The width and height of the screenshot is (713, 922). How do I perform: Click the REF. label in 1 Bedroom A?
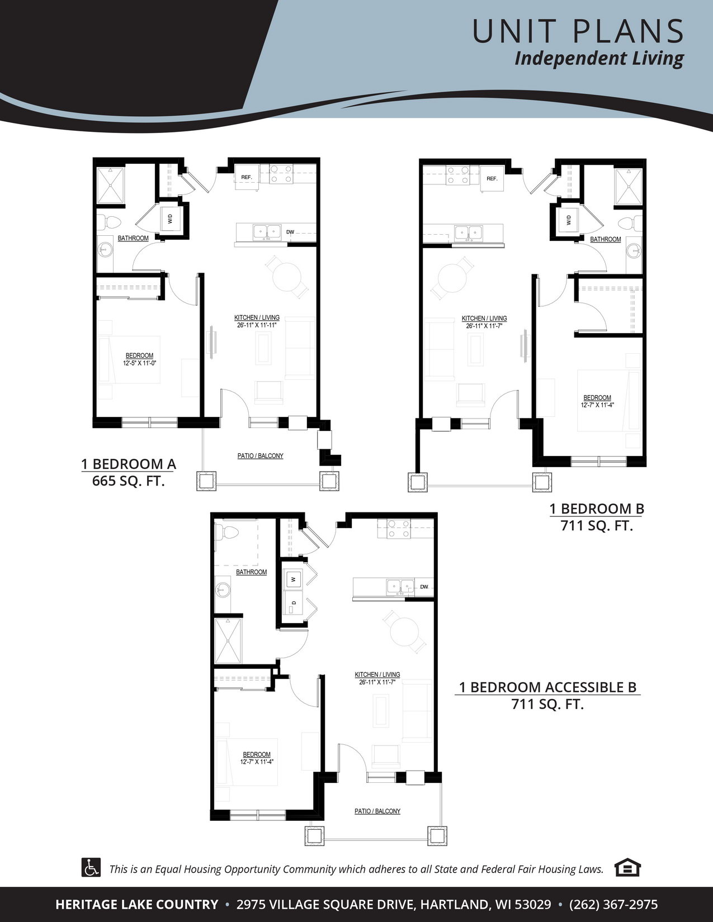tap(246, 177)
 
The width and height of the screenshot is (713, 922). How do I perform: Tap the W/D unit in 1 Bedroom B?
tap(568, 220)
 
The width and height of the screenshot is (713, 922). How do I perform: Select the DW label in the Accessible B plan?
tap(424, 587)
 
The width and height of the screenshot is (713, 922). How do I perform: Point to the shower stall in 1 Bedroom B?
tap(629, 186)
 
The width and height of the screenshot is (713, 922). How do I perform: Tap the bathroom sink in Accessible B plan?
tap(222, 589)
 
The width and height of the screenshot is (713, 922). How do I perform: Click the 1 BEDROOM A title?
tap(129, 464)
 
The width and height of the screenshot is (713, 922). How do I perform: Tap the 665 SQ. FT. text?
tap(128, 481)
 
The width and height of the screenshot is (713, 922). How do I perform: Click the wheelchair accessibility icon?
tap(91, 867)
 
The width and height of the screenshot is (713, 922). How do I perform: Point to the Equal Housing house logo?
tap(627, 867)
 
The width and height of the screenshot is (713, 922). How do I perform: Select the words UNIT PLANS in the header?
tap(578, 31)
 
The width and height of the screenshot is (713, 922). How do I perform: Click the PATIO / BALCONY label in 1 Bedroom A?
tap(261, 456)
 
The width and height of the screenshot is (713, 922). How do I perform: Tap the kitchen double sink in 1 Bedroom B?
tap(469, 232)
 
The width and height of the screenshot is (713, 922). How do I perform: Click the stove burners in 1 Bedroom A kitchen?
tap(281, 174)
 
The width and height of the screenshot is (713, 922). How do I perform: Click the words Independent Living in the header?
tap(599, 59)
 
